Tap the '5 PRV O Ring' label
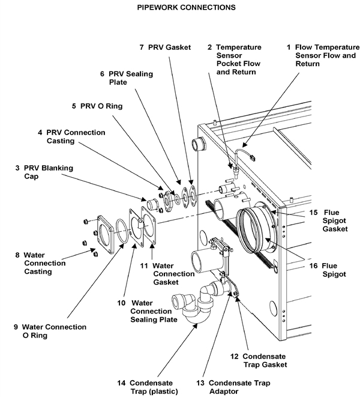coord(97,106)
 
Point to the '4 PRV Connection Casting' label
coord(71,136)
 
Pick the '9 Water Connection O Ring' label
coord(50,331)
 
